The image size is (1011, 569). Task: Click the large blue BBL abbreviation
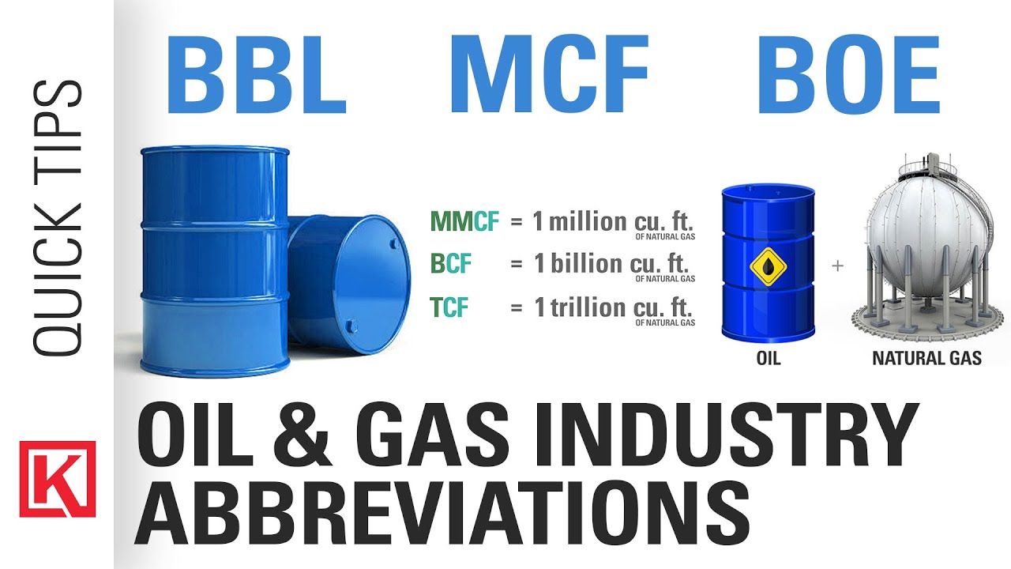click(x=257, y=74)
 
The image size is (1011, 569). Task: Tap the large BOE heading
click(x=848, y=74)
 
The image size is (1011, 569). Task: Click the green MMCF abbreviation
click(x=465, y=221)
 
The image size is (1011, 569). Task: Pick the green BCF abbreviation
click(x=451, y=263)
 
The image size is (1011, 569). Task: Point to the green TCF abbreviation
click(x=449, y=307)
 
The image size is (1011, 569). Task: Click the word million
click(x=588, y=221)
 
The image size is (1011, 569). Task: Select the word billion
click(x=586, y=263)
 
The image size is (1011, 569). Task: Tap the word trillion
click(x=588, y=307)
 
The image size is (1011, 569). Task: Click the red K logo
click(x=58, y=479)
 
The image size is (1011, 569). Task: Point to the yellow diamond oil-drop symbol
click(x=769, y=266)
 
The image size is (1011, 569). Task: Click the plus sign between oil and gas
click(x=837, y=266)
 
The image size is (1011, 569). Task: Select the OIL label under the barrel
click(x=769, y=359)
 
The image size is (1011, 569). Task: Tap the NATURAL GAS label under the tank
click(x=927, y=359)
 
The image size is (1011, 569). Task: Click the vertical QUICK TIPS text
click(x=58, y=217)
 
